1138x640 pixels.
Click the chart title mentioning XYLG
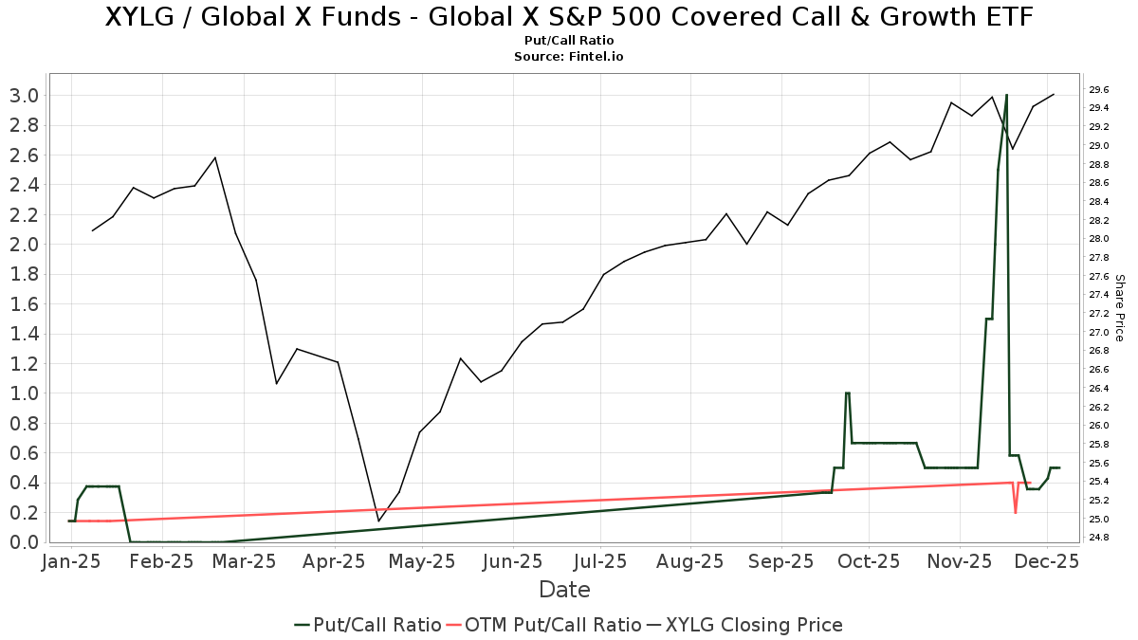click(x=568, y=18)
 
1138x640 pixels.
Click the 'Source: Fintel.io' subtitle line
click(x=568, y=56)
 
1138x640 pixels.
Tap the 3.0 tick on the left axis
click(x=24, y=95)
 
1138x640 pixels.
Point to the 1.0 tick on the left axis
click(x=24, y=393)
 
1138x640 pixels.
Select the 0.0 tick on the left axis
click(x=24, y=541)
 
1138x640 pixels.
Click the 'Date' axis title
click(x=564, y=590)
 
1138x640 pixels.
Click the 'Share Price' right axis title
click(x=1119, y=308)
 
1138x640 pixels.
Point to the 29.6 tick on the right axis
click(x=1099, y=89)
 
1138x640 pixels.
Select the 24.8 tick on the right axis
click(x=1099, y=538)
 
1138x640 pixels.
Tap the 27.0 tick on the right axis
click(x=1099, y=332)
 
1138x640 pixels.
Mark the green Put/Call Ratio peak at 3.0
click(x=1006, y=96)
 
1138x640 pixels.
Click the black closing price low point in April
click(x=378, y=521)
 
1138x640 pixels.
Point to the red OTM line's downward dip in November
click(x=1016, y=512)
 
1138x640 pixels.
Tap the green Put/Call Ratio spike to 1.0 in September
click(x=847, y=393)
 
